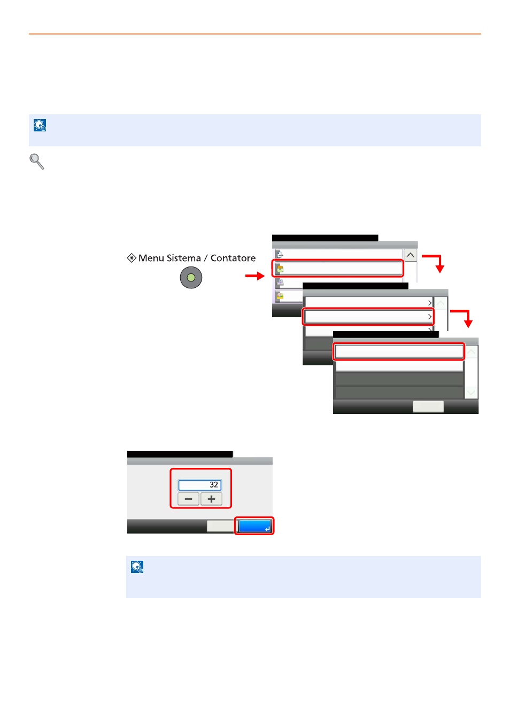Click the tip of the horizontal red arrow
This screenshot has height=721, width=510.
[x=265, y=276]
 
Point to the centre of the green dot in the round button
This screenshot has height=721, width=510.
[x=191, y=278]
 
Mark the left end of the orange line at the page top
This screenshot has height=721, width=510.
[x=29, y=34]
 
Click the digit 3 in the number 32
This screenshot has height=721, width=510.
[x=212, y=485]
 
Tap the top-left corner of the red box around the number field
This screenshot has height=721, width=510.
[x=170, y=469]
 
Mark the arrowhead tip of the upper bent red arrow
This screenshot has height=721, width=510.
[x=440, y=273]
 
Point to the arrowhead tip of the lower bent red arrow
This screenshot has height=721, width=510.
[x=468, y=328]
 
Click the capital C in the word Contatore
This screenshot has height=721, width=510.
[x=214, y=258]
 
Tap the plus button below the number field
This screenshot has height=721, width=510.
[x=211, y=499]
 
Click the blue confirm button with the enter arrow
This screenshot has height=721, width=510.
[x=254, y=526]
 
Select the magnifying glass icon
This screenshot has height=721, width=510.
[x=37, y=161]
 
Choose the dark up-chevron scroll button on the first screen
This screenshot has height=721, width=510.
[x=410, y=255]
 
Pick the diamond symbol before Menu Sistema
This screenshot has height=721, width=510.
[x=132, y=258]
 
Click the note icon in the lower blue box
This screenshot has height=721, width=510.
[x=137, y=567]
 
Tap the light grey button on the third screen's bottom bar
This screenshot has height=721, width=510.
[x=428, y=406]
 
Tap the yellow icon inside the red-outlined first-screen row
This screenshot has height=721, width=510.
[x=280, y=269]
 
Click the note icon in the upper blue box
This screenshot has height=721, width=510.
[x=40, y=125]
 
